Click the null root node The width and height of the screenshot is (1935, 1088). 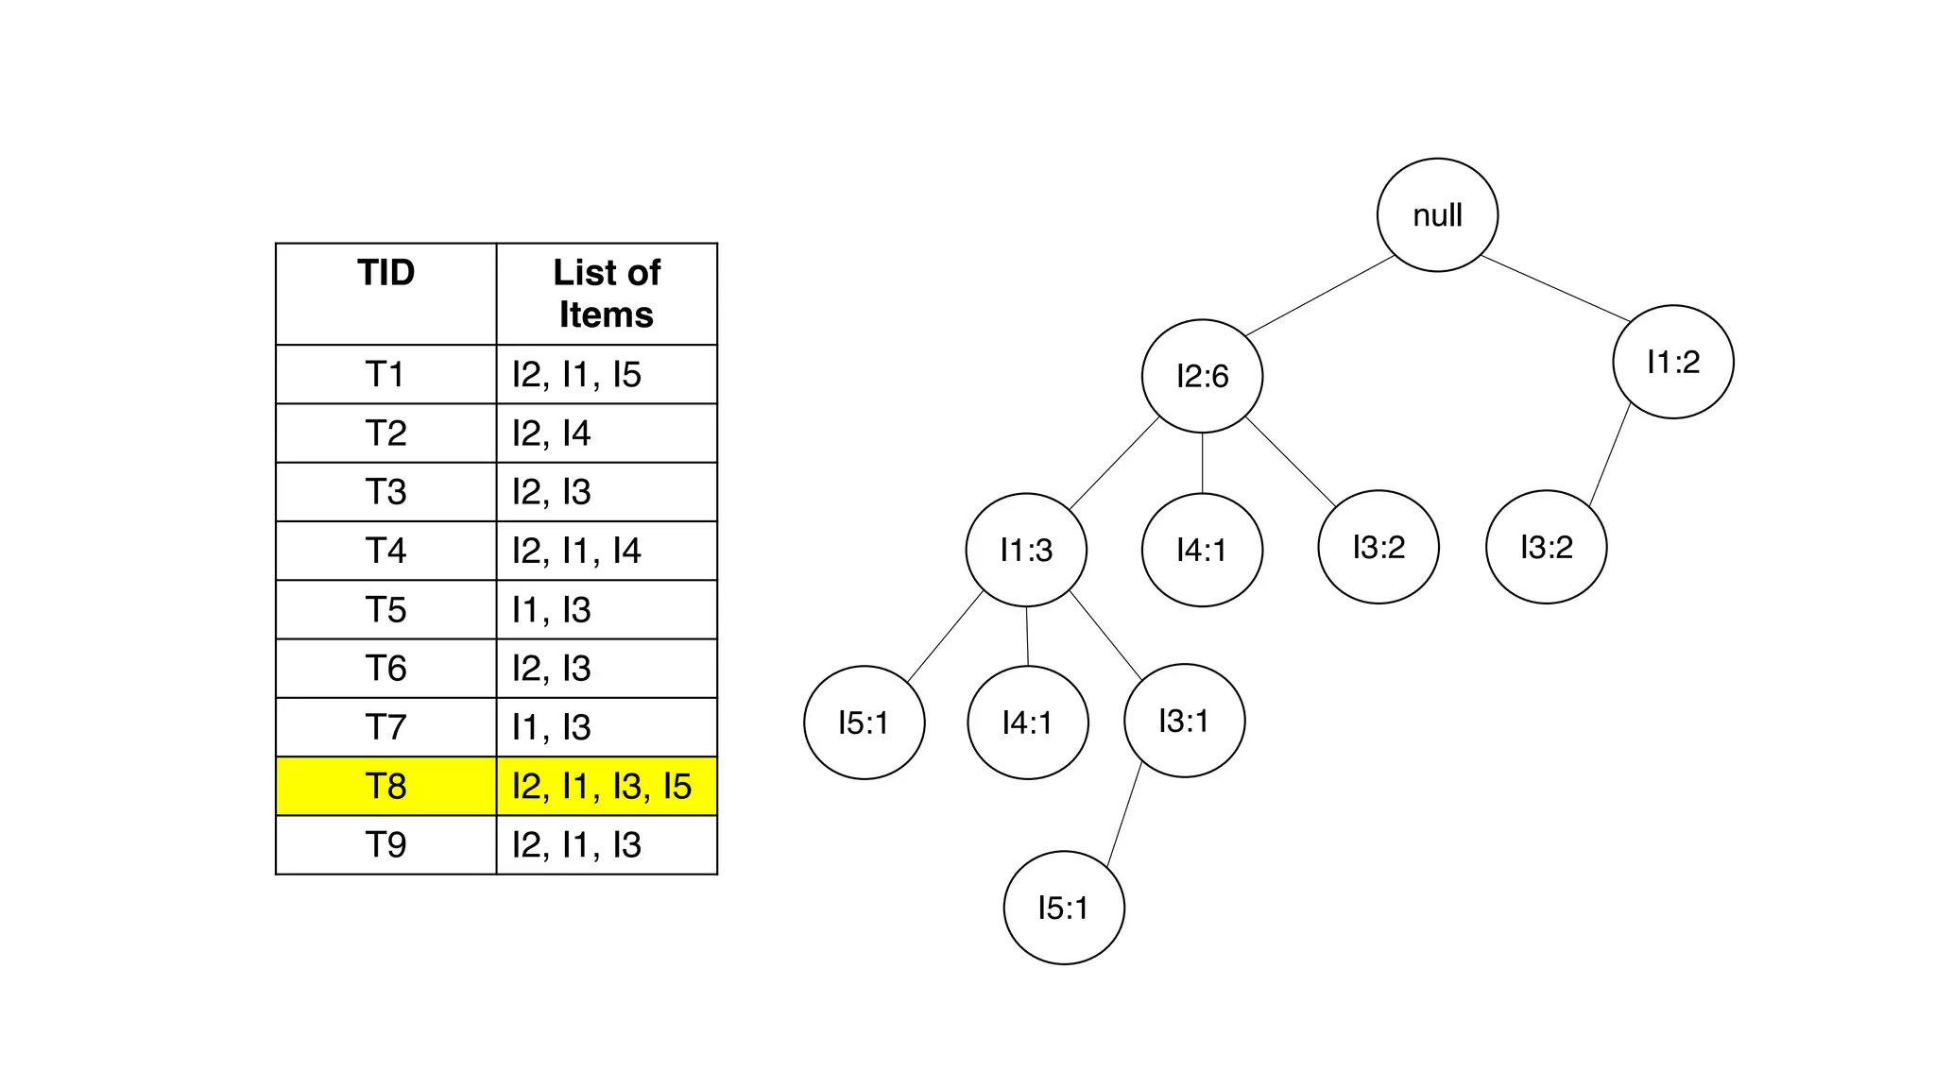click(x=1436, y=215)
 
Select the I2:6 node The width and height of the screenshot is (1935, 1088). click(x=1202, y=376)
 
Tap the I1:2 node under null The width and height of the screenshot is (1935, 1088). click(x=1672, y=362)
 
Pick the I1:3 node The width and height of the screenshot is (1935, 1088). click(x=1026, y=550)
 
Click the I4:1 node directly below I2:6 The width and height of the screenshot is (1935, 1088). click(x=1202, y=550)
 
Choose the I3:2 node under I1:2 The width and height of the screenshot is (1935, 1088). click(x=1546, y=547)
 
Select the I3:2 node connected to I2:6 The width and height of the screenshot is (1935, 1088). click(x=1378, y=547)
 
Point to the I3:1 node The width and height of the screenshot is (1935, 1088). click(x=1184, y=721)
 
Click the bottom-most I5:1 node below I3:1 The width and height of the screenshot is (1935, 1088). click(x=1063, y=908)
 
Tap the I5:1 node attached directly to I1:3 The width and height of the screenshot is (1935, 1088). click(x=864, y=722)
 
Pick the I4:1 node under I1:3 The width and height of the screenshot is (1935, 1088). click(x=1028, y=722)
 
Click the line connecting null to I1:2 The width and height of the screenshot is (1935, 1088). click(x=1555, y=288)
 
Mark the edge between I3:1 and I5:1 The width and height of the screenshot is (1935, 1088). click(x=1124, y=815)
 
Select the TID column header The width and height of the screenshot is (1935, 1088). click(x=385, y=294)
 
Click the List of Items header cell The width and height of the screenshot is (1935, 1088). click(x=607, y=294)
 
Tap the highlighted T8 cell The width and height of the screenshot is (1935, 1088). click(x=385, y=786)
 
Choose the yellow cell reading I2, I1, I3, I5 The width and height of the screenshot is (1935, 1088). click(x=607, y=786)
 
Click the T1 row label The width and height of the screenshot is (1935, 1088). click(x=385, y=374)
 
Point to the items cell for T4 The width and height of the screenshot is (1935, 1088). click(x=607, y=551)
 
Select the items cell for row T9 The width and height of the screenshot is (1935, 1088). click(x=607, y=844)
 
